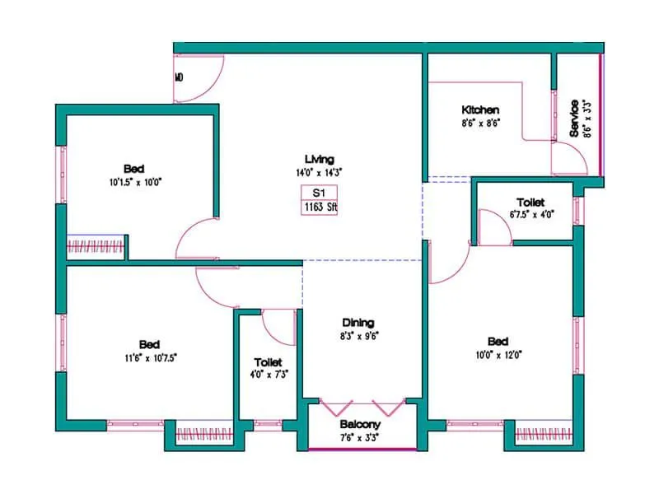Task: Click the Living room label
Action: click(x=319, y=159)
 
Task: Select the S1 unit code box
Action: click(x=319, y=193)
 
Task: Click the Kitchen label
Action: click(x=479, y=110)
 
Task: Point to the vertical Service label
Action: click(x=574, y=119)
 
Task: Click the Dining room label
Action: click(x=359, y=322)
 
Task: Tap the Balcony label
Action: click(x=359, y=425)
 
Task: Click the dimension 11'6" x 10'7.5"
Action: click(x=149, y=357)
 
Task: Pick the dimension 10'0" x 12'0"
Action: click(x=498, y=355)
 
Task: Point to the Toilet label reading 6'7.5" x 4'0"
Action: click(x=530, y=214)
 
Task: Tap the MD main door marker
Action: click(x=179, y=78)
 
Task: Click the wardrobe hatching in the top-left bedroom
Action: click(x=96, y=245)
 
